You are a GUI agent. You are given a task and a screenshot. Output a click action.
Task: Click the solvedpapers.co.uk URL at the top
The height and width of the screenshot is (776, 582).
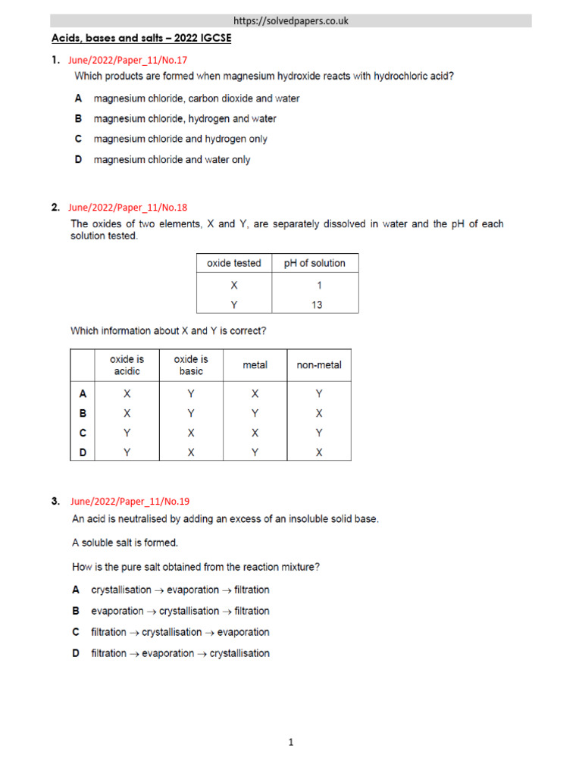291,21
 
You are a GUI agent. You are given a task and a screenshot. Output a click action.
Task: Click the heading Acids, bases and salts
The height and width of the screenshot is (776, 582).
140,38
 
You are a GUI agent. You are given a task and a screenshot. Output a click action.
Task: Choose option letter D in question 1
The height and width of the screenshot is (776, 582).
78,160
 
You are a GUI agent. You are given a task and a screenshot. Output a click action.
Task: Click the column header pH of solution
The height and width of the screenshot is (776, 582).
314,263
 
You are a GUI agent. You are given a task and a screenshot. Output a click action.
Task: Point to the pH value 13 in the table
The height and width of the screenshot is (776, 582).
317,305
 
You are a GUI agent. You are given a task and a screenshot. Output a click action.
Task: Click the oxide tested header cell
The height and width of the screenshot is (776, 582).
233,263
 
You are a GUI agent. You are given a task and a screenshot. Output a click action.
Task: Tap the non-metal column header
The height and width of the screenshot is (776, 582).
319,365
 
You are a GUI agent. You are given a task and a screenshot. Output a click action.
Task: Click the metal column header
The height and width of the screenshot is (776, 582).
255,365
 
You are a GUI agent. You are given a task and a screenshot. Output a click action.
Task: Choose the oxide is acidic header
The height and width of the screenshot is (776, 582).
127,365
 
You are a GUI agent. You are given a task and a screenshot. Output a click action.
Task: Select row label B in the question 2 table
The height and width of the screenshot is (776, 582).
83,414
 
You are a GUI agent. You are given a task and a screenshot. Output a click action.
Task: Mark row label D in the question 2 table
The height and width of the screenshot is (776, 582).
83,452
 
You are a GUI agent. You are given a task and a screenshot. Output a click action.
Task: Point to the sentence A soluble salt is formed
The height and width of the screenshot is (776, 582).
125,543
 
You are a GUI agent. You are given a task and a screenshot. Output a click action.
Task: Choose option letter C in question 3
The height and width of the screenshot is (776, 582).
76,632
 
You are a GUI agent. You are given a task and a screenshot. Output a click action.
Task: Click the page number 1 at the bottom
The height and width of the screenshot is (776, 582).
290,743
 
